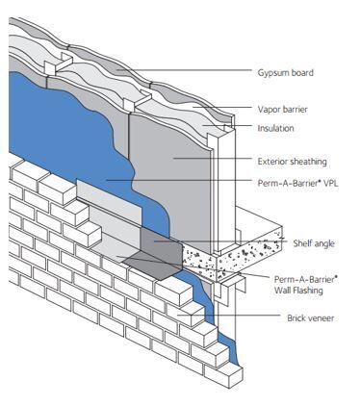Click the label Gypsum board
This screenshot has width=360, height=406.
point(286,72)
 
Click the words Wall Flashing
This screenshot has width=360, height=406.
point(298,290)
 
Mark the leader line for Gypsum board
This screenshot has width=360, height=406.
point(193,72)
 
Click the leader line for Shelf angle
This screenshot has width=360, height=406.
point(250,243)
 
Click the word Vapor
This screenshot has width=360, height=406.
point(270,109)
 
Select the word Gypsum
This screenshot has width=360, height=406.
point(272,72)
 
